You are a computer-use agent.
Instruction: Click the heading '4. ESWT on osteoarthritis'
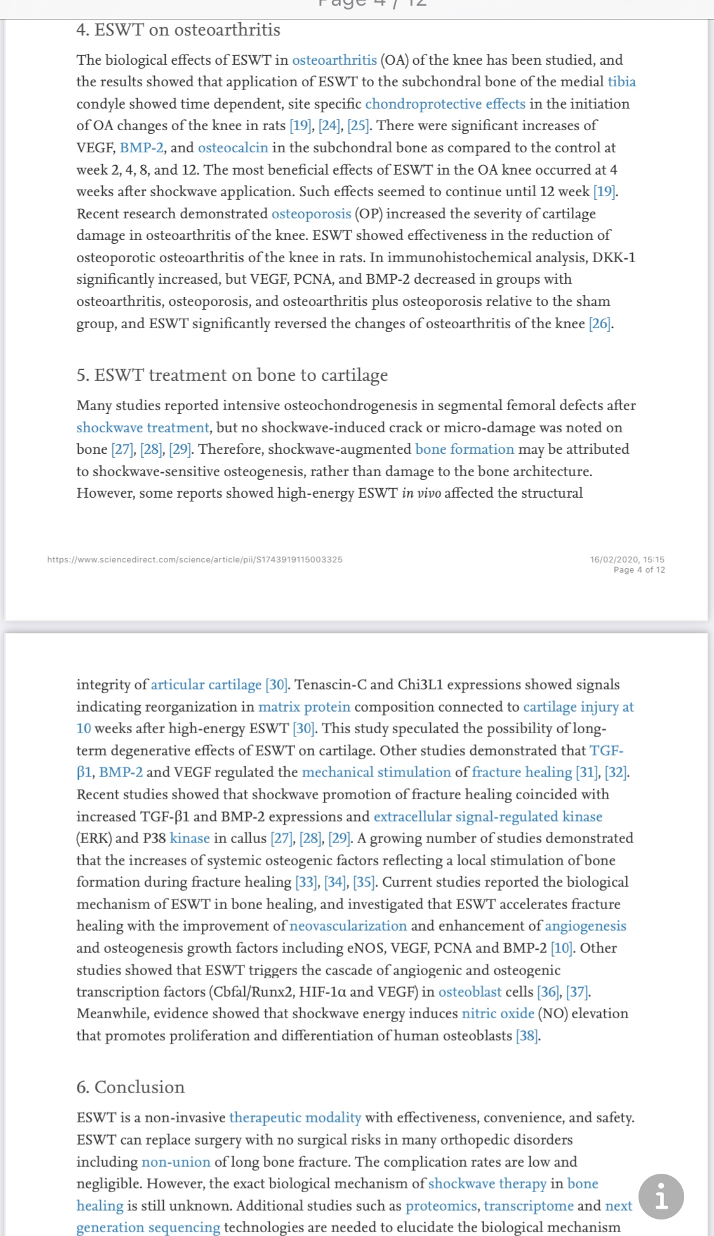coord(178,30)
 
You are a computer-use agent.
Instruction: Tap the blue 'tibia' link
coord(621,82)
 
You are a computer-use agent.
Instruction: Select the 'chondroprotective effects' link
coord(445,104)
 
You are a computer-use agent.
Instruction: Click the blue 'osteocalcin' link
coord(233,148)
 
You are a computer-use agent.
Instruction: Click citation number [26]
coord(600,324)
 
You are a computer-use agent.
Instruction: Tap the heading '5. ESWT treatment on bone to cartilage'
coord(232,375)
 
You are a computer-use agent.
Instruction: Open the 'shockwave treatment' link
coord(143,428)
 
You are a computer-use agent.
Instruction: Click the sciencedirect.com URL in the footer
coord(195,559)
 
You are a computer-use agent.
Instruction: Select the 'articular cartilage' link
coord(206,685)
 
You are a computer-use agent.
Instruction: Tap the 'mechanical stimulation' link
coord(376,773)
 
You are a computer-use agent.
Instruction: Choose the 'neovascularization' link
coord(348,926)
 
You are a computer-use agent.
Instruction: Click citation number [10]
coord(562,948)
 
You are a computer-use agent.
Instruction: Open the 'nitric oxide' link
coord(498,1014)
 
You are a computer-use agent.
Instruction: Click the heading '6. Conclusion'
coord(130,1087)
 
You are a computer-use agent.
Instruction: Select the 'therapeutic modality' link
coord(295,1118)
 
